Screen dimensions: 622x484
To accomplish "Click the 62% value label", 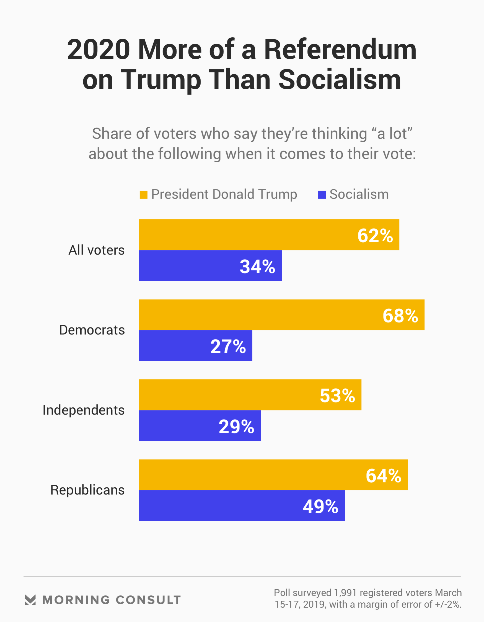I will pos(375,236).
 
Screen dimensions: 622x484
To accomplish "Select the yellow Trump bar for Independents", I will pos(228,395).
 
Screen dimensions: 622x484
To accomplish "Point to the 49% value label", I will pos(320,507).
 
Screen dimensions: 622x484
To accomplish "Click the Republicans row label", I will pos(87,490).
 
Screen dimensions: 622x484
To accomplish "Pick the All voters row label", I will pos(96,250).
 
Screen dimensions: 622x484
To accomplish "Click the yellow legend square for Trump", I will pos(143,195).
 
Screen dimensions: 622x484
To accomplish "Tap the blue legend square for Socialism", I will pos(322,195).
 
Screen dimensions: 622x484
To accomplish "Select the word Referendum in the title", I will pos(340,50).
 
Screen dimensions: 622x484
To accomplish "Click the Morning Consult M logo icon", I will pos(30,600).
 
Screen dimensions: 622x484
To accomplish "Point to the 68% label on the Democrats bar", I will pos(400,316).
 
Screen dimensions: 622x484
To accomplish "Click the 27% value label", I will pos(228,347).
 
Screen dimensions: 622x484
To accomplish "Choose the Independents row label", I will pos(84,410).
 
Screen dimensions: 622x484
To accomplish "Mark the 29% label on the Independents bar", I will pos(236,427).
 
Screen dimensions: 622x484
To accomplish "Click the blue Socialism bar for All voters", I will pos(188,266).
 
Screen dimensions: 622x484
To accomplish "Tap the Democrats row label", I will pos(92,330).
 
